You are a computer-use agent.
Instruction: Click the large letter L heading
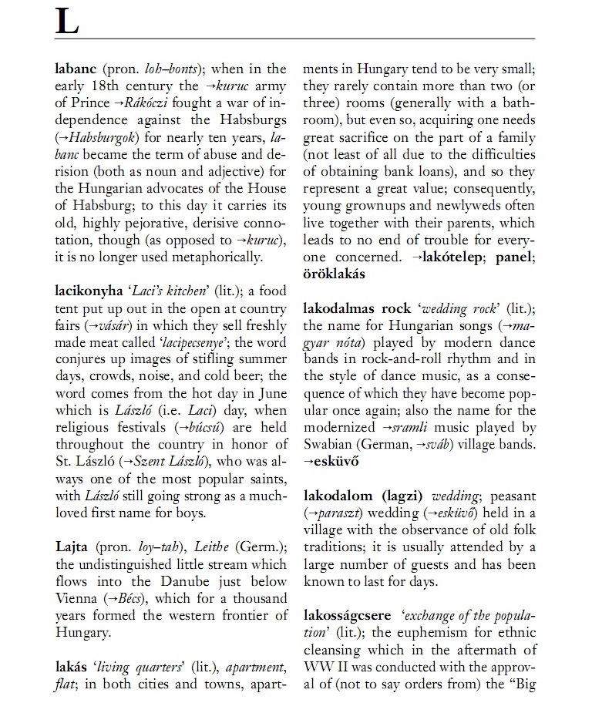[x=67, y=22]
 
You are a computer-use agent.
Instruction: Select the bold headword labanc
[x=76, y=69]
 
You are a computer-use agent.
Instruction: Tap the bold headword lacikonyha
[x=89, y=291]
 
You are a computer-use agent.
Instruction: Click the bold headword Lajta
[x=72, y=547]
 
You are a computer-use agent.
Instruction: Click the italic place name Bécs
[x=133, y=598]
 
